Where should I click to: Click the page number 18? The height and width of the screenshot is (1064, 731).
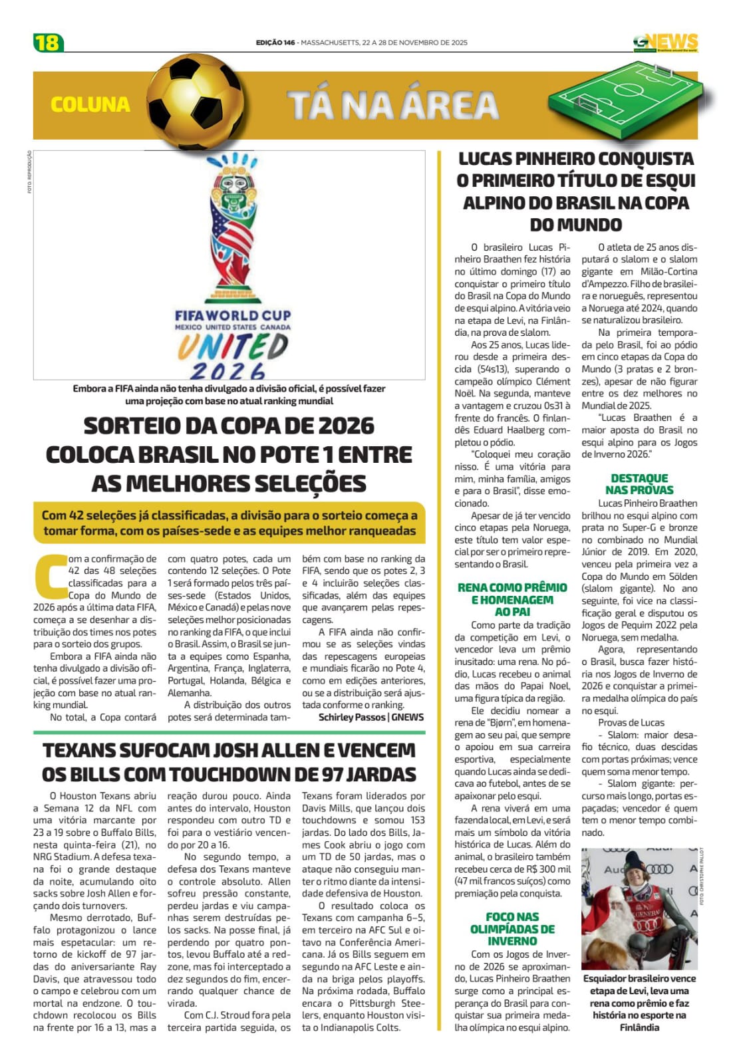coord(47,43)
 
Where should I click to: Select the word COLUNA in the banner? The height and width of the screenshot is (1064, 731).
coord(90,104)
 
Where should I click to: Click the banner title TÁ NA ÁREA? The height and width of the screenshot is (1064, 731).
coord(392,105)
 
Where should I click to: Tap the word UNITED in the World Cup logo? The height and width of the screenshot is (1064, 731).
coord(233,346)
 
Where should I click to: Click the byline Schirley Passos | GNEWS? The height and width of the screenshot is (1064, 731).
coord(370,717)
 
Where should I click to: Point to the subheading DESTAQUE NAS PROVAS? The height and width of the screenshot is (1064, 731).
coord(639,483)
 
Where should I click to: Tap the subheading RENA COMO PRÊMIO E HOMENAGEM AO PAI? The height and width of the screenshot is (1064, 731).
coord(512,599)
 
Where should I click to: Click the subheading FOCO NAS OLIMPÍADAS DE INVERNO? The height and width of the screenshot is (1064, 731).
coord(512,928)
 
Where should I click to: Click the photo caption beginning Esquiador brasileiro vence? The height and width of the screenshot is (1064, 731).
coord(639,1002)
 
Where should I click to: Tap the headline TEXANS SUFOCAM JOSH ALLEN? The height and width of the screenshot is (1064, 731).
coord(229,762)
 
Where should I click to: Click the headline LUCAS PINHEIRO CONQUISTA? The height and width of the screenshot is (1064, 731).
coord(576,192)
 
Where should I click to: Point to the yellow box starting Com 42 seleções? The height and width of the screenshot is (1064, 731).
coord(229,523)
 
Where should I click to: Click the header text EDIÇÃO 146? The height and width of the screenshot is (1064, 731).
coord(275,43)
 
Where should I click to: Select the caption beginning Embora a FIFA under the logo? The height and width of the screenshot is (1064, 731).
coord(229,394)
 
